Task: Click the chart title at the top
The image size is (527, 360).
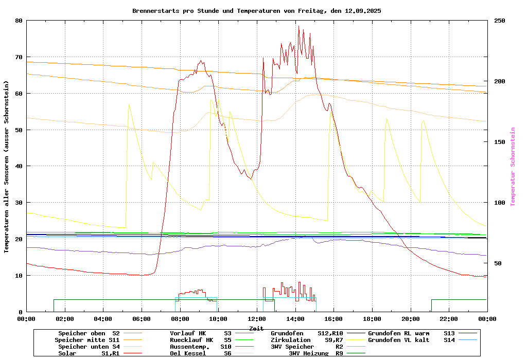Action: point(256,10)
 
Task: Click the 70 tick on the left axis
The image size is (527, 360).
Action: point(19,57)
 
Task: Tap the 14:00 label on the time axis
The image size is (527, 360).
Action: point(295,319)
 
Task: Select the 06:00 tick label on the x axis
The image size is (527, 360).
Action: point(142,319)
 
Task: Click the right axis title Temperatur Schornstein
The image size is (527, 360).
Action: point(513,167)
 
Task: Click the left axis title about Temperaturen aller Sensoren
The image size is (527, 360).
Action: point(7,167)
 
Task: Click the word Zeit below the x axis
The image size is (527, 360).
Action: point(256,328)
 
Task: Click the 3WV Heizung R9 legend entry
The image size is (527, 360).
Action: point(316,353)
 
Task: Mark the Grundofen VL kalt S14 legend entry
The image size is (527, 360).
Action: point(412,340)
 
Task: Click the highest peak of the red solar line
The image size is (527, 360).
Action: point(298,26)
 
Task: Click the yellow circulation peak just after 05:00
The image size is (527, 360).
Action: point(129,104)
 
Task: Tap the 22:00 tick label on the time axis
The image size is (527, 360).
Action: point(449,319)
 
